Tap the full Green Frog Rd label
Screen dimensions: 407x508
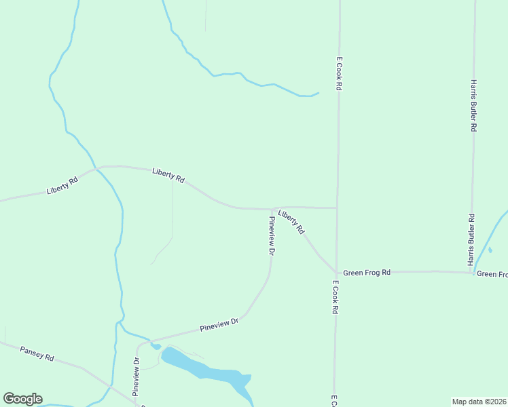click(367, 273)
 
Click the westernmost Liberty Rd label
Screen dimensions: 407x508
click(62, 185)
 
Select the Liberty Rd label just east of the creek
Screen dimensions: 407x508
click(168, 176)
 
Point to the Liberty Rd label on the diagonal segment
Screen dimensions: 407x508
click(291, 222)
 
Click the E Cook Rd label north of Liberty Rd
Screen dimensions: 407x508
click(338, 74)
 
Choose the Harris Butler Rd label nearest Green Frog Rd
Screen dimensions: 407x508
click(470, 239)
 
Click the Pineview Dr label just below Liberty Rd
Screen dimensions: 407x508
click(271, 235)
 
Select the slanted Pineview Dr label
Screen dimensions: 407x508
click(220, 325)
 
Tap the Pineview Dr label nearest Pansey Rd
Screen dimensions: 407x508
click(136, 376)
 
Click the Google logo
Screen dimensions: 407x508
click(22, 399)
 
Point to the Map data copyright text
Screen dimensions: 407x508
click(479, 401)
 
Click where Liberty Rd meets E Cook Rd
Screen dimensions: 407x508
click(338, 208)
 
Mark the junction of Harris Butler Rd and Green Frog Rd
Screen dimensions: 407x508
click(471, 273)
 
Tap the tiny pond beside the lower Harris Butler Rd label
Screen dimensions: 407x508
click(490, 250)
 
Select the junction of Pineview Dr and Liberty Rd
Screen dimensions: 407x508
click(273, 209)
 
